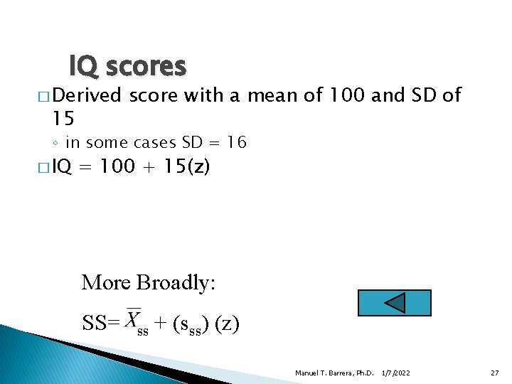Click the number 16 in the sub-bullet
coord(237,142)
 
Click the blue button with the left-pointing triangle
coord(395,302)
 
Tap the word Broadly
coord(176,282)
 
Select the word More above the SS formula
coord(106,282)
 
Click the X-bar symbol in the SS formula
coord(133,319)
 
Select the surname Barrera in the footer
coord(338,373)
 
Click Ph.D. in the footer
coord(364,373)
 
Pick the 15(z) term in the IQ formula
coord(187,166)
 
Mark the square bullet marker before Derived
coord(43,95)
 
